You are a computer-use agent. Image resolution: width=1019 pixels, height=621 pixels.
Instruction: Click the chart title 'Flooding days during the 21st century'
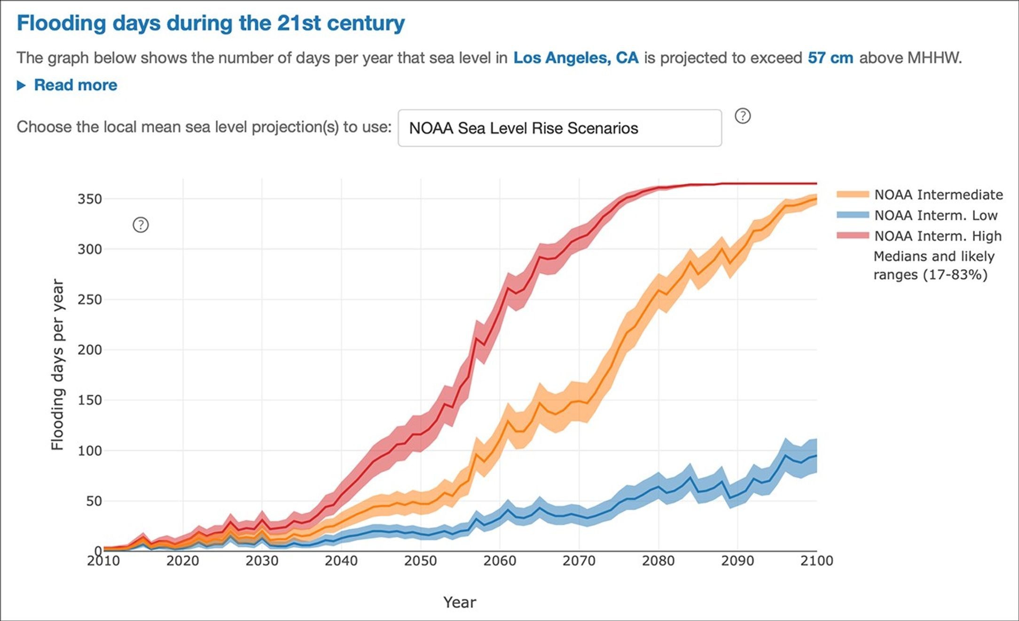coord(211,24)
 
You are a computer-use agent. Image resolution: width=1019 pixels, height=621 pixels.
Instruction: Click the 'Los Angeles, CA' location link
coord(576,58)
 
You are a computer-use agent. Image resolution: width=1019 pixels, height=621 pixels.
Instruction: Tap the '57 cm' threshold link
coord(830,58)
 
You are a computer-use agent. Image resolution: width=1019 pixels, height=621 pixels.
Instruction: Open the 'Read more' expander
coord(75,85)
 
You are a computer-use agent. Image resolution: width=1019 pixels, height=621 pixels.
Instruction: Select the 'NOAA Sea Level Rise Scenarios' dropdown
coord(559,128)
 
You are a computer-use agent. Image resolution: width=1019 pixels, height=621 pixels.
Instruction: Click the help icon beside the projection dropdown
coord(743,116)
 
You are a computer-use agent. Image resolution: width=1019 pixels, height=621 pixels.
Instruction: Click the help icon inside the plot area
coord(141,225)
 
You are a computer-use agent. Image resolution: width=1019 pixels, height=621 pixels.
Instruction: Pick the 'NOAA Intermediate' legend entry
coord(938,195)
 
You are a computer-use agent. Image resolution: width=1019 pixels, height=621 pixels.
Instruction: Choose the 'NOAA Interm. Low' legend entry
coord(935,215)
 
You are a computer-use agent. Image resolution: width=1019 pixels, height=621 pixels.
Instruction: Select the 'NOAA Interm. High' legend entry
coord(937,236)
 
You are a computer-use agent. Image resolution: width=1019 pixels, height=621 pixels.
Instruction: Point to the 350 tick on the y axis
coord(90,199)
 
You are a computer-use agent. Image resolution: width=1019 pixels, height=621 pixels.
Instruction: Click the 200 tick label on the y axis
coord(90,350)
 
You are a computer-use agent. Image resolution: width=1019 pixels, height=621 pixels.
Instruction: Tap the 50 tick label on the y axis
coord(94,501)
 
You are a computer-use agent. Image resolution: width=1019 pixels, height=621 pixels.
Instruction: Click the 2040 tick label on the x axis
coord(341,561)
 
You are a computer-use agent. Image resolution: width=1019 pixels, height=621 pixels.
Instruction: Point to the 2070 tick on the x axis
coord(579,561)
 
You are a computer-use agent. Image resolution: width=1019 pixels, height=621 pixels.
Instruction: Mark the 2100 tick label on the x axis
coord(816,561)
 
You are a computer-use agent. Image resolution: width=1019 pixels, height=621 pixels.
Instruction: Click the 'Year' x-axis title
coord(460,602)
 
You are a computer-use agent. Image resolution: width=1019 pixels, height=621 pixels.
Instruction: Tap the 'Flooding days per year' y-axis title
coord(57,365)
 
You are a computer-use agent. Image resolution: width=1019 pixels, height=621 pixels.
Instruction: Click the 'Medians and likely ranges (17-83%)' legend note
coord(933,266)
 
